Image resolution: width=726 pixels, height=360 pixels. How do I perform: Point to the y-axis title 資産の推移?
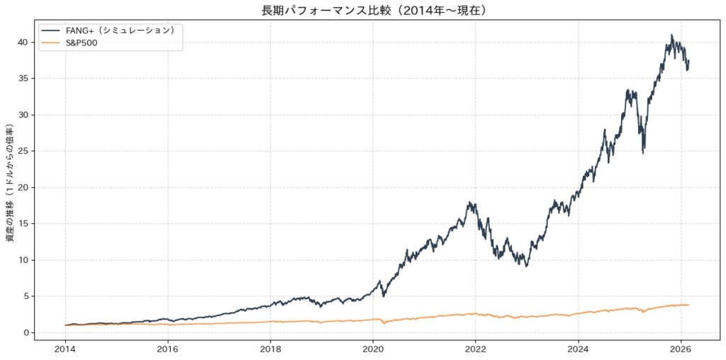(10, 184)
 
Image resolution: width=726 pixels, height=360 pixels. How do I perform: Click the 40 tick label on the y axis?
(23, 42)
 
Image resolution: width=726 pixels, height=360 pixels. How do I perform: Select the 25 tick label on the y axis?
(23, 151)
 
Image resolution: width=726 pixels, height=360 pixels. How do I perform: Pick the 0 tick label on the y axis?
(26, 332)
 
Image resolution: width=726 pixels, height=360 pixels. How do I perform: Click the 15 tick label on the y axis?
(23, 223)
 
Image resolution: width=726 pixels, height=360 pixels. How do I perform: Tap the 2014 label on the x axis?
(65, 348)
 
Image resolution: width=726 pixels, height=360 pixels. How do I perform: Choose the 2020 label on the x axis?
(373, 348)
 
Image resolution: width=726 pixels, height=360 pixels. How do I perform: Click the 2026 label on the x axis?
(681, 348)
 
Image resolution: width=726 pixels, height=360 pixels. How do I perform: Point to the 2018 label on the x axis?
(270, 348)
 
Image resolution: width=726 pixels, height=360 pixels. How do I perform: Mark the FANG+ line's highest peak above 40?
(671, 35)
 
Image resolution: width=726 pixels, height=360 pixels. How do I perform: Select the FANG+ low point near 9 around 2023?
(526, 266)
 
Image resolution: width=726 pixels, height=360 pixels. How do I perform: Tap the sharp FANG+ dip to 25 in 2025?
(643, 152)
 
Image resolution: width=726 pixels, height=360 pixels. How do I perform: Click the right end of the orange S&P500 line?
(688, 305)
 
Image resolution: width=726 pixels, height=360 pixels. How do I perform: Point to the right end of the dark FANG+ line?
(688, 61)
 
